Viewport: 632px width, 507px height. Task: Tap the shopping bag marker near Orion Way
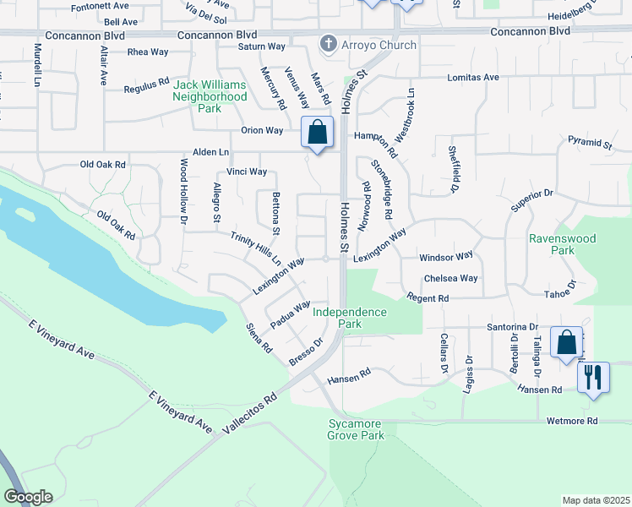point(317,133)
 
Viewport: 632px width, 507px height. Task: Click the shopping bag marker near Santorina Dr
point(566,342)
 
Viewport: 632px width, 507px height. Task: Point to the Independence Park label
point(350,318)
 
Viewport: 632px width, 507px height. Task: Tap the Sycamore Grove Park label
point(356,429)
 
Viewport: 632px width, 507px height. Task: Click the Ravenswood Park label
point(562,244)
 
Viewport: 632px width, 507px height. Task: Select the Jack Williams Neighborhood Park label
point(210,96)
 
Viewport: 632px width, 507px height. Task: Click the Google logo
point(27,497)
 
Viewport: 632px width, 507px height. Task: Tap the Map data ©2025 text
point(596,500)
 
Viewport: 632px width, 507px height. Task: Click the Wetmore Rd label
point(572,421)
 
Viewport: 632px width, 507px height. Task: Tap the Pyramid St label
point(590,143)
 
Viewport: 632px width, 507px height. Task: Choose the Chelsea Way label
point(451,278)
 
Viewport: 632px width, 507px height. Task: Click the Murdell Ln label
point(38,66)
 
